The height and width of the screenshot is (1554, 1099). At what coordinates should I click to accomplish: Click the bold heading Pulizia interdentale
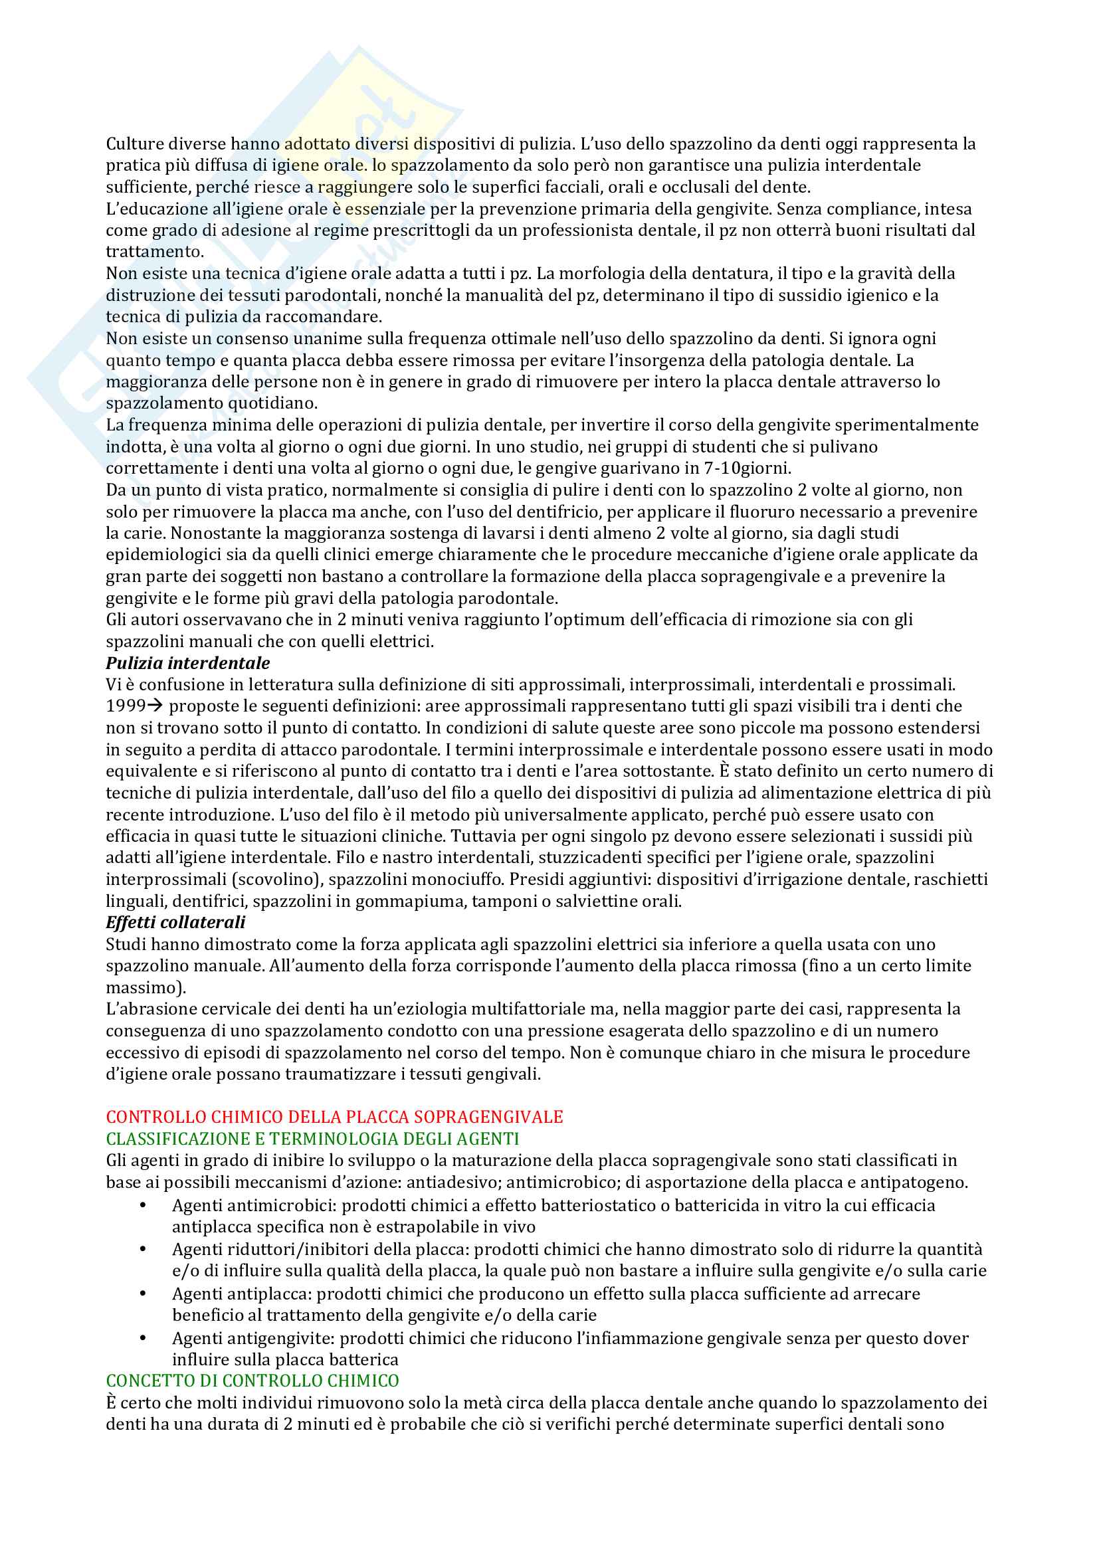click(187, 663)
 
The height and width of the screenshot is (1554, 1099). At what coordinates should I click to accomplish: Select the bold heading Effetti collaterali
click(175, 923)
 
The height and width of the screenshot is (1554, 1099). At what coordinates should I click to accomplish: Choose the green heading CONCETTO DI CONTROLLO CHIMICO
click(252, 1381)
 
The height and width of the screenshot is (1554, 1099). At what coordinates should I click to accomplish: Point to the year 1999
click(125, 706)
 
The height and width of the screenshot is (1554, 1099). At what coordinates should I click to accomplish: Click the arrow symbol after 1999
click(155, 706)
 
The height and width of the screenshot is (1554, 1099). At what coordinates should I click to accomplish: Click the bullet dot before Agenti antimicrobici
click(143, 1205)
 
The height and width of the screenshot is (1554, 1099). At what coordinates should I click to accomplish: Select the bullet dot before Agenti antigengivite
click(143, 1338)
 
